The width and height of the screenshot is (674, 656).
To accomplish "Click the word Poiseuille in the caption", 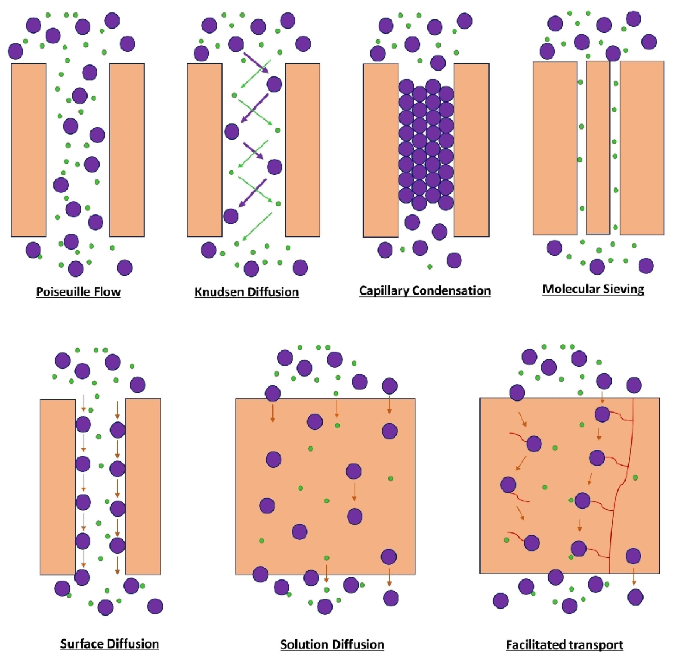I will [61, 291].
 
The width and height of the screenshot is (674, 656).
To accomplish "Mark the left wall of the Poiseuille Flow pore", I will [29, 150].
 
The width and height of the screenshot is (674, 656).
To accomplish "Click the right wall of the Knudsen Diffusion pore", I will [302, 150].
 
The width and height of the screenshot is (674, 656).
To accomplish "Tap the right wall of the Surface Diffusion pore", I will [143, 486].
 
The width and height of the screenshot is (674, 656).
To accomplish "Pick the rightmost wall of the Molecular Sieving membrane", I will [642, 148].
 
